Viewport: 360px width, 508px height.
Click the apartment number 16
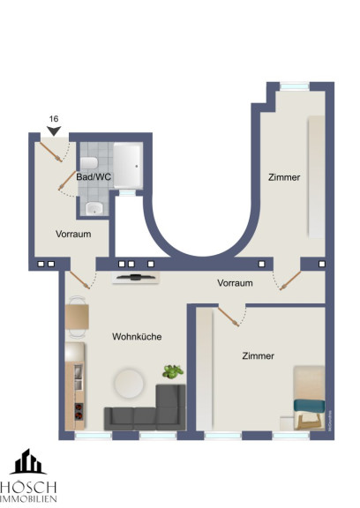pos(54,119)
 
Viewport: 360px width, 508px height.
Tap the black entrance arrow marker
pos(54,131)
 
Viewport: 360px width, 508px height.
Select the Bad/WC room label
pos(94,177)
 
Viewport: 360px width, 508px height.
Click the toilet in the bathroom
pos(89,163)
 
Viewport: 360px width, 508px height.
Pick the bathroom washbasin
pos(94,208)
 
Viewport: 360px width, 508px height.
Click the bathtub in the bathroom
pos(128,166)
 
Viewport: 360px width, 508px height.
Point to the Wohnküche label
pos(137,336)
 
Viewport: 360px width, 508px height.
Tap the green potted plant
pos(173,371)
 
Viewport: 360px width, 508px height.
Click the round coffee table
pos(129,384)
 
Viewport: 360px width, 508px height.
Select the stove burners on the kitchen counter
pos(79,412)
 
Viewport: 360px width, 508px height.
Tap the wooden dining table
pos(77,317)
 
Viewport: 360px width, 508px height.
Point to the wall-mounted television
pos(136,277)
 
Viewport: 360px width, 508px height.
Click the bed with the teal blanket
pos(309,398)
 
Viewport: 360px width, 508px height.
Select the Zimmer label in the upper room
pos(284,177)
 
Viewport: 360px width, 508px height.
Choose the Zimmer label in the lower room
pos(258,355)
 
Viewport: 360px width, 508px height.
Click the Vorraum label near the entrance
pos(73,234)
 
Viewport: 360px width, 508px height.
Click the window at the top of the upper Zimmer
pos(294,86)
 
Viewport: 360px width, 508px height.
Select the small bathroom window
pos(127,193)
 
